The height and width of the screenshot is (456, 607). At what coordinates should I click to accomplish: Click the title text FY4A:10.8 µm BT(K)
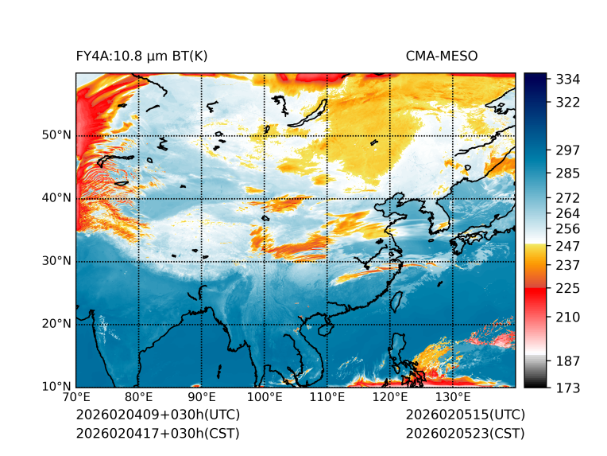(x=141, y=57)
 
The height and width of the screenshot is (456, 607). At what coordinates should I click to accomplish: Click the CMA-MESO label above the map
(x=441, y=57)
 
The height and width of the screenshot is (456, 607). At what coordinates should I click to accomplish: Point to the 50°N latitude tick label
(x=56, y=135)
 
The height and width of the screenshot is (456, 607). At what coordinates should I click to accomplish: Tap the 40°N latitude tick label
(x=56, y=198)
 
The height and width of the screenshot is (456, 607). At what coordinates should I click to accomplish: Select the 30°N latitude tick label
(x=56, y=261)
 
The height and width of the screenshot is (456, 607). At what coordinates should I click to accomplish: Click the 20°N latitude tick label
(x=56, y=324)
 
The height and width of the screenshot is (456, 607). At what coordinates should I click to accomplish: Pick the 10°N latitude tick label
(x=56, y=387)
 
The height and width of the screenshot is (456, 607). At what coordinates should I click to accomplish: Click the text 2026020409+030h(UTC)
(x=157, y=415)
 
